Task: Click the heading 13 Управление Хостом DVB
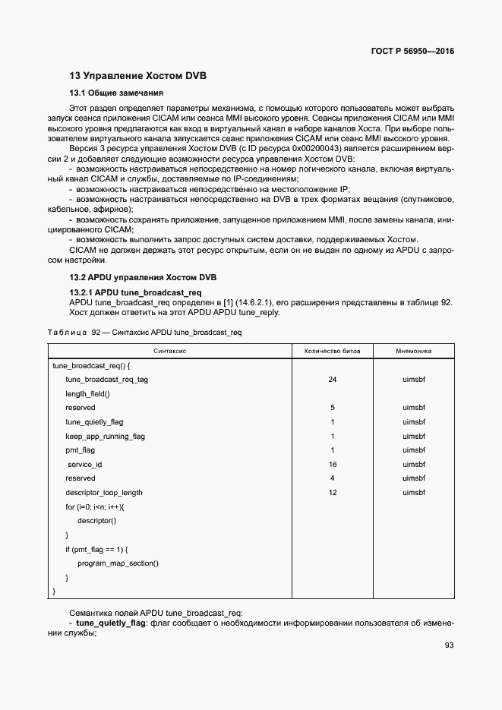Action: coord(137,76)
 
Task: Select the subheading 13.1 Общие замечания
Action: coord(116,93)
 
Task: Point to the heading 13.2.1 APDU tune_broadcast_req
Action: coord(135,292)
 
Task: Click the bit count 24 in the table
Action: coord(332,379)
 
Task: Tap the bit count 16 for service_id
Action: coord(332,464)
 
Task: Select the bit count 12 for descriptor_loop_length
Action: coord(332,493)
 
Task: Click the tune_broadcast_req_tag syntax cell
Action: coord(106,379)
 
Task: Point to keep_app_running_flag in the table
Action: coord(105,436)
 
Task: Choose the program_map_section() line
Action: coord(118,563)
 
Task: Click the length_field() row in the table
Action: coord(87,393)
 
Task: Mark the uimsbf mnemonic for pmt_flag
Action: coord(414,450)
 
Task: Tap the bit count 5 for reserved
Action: coord(332,408)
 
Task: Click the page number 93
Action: coord(448,645)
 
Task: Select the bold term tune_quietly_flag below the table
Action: coord(112,623)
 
